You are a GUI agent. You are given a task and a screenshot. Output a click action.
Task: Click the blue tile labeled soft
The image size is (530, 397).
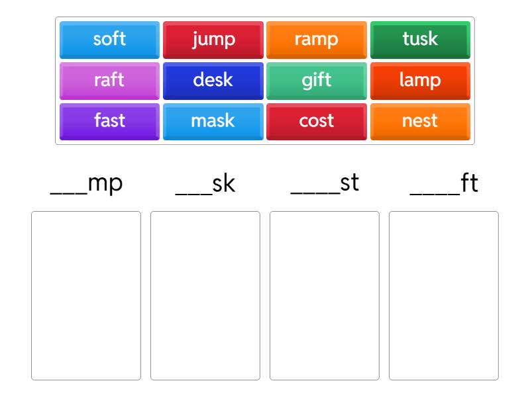109,40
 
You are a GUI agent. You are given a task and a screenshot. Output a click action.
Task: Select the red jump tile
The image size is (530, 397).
213,40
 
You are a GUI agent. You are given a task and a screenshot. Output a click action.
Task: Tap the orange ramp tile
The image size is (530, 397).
317,40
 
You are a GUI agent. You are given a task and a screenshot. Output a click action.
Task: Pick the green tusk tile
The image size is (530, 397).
420,40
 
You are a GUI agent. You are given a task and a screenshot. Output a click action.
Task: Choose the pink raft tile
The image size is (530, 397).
109,81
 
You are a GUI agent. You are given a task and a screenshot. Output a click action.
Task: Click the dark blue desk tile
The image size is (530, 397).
213,81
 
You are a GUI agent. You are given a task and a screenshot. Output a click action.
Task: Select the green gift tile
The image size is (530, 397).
317,81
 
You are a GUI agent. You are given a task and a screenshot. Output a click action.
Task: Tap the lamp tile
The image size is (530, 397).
420,81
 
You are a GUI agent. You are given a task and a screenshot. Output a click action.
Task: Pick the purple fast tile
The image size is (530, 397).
109,122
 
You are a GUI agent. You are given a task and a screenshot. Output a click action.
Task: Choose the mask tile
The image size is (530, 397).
213,122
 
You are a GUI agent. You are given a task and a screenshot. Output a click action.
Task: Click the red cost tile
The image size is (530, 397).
317,122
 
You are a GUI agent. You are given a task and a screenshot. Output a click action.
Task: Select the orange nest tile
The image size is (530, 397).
420,122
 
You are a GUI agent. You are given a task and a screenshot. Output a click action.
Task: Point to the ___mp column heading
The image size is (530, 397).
86,185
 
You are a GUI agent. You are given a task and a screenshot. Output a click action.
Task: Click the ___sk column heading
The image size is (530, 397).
205,185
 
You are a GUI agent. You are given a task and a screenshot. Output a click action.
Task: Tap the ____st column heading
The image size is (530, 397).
325,184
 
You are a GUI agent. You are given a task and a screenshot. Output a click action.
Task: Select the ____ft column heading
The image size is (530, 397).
444,184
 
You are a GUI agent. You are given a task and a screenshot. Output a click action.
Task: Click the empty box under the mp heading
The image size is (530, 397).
86,296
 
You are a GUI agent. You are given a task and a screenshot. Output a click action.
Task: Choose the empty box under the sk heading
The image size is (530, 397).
205,296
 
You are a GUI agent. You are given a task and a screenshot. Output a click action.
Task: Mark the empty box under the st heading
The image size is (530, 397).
325,296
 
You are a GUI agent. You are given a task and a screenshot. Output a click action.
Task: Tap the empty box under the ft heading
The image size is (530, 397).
444,296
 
